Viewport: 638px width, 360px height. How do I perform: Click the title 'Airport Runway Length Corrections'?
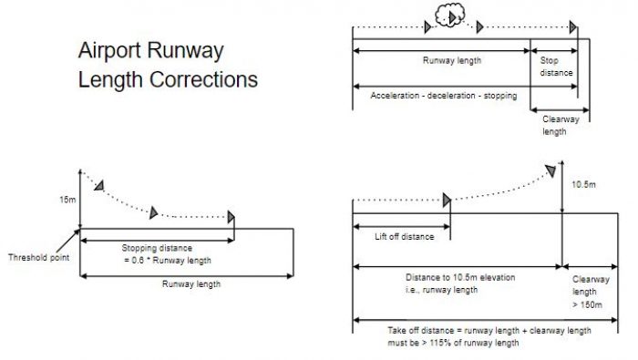167,65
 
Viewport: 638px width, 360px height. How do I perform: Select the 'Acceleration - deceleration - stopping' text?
444,95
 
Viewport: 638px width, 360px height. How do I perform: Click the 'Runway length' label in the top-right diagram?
451,61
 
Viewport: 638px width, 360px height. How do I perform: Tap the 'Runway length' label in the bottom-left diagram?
190,283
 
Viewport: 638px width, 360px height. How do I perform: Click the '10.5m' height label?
585,185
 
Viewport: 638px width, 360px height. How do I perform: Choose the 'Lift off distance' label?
404,236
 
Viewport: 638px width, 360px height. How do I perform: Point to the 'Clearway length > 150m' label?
586,292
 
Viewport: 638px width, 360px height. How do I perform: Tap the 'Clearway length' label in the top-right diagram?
554,125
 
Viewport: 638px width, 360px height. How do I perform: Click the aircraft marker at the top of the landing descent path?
98,185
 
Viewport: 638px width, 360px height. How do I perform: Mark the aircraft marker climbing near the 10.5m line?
551,170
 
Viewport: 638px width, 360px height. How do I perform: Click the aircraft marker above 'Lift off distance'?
447,201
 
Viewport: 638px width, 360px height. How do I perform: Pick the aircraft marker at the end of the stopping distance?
232,217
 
